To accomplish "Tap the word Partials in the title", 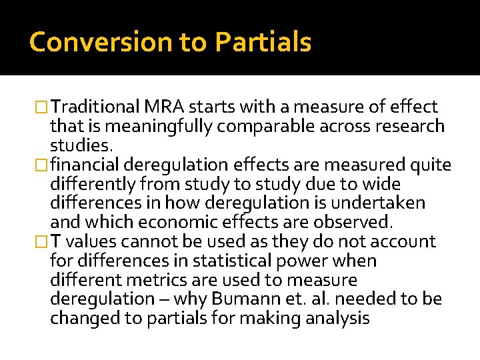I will coord(263,42).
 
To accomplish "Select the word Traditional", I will coord(95,107).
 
